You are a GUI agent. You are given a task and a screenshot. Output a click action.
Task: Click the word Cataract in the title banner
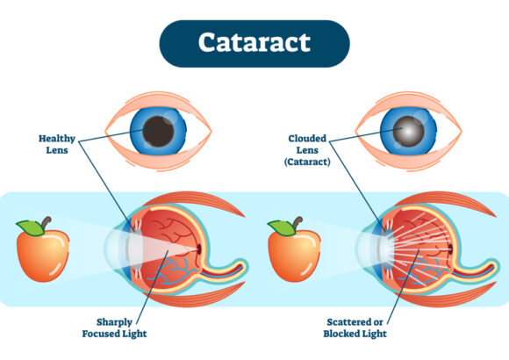pos(254,42)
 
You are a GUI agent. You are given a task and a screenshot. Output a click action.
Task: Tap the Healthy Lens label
pos(57,144)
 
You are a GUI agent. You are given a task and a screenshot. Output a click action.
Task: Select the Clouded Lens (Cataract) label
pos(307,150)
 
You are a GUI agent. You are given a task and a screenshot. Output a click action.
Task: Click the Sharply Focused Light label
pos(114,328)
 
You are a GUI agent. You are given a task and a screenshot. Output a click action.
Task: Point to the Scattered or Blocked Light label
pos(355,328)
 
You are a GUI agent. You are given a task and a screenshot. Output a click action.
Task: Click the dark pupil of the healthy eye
pos(159,131)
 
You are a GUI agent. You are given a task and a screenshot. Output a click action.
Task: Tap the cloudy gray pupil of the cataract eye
pos(408,131)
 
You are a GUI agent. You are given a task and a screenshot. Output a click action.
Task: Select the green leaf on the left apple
pos(31,227)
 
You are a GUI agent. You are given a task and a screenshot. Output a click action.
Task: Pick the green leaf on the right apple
pos(282,227)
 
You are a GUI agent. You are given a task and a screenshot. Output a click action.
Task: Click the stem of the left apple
pos(47,223)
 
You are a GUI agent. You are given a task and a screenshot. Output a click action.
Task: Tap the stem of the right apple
pos(298,223)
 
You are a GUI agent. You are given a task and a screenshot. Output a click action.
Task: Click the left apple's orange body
pos(42,256)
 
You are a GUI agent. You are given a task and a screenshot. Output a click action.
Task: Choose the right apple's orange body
pos(294,256)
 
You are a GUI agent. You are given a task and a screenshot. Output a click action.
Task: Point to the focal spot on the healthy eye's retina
pos(198,249)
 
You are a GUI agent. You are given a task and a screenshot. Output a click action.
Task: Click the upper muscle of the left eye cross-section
pos(194,202)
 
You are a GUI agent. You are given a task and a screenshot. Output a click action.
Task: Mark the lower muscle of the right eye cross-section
pos(446,298)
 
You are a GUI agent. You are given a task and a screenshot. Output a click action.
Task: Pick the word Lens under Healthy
pos(57,150)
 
